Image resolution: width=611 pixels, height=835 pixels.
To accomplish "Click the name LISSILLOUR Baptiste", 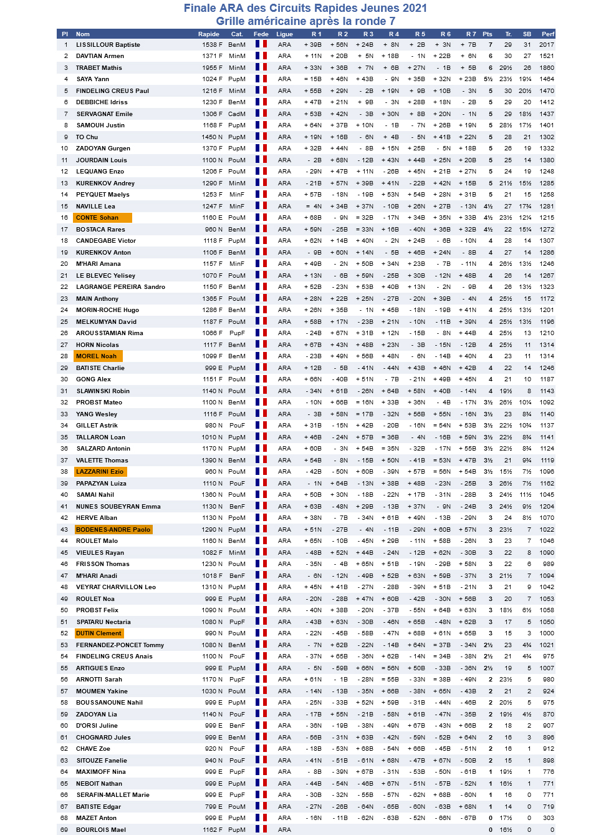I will tap(108, 45).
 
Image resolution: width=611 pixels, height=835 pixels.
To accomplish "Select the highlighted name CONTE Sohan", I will tap(97, 218).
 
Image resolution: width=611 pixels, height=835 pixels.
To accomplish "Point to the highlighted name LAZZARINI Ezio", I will tap(100, 472).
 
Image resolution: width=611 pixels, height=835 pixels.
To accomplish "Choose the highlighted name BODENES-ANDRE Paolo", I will tap(113, 530).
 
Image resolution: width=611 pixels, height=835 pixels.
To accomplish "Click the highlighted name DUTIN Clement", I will tap(99, 633).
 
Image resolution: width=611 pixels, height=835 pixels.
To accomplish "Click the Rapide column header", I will tap(208, 34).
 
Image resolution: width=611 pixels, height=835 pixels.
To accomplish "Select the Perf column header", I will tap(547, 34).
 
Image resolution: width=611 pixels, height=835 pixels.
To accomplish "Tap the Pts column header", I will tap(488, 34).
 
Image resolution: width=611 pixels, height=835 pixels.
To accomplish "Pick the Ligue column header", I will tap(284, 34).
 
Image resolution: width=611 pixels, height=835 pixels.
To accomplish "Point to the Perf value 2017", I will tap(547, 45).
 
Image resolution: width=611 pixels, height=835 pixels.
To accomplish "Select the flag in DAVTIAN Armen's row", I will tap(261, 56).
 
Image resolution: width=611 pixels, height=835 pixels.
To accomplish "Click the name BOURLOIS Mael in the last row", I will tap(101, 830).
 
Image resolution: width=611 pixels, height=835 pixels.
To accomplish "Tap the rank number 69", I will tap(64, 830).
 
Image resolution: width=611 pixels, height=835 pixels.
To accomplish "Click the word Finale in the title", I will tap(201, 8).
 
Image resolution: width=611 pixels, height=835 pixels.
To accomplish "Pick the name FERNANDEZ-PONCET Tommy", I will tap(120, 645).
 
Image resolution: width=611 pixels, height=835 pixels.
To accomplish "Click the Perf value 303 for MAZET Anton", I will tap(548, 818).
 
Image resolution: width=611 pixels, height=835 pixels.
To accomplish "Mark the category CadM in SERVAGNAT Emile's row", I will tap(236, 114).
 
